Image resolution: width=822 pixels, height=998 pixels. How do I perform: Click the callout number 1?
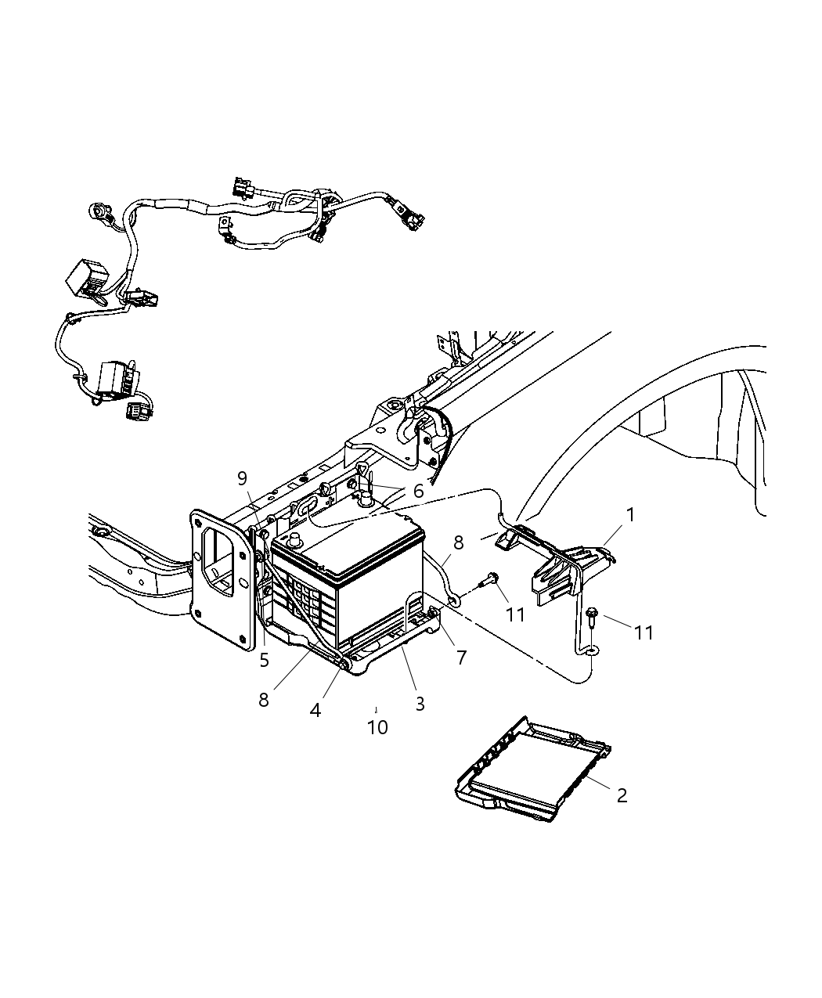[x=630, y=515]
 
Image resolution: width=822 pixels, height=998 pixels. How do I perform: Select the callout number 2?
[x=622, y=795]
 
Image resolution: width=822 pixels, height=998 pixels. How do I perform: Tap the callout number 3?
[x=420, y=703]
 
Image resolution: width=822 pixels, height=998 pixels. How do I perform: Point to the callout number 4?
[x=315, y=710]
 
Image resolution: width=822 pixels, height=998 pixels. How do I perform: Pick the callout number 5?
[x=264, y=660]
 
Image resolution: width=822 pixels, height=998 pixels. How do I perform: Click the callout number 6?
[x=418, y=491]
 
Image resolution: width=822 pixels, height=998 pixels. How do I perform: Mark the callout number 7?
[x=461, y=658]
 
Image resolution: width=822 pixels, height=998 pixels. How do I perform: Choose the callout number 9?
[x=242, y=477]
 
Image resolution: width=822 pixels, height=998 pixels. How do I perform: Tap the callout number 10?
[x=377, y=727]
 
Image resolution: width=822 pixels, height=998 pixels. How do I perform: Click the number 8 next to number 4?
[x=264, y=699]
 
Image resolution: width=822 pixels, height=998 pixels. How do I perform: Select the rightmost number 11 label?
[x=644, y=632]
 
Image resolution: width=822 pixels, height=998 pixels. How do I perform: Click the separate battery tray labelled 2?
[x=532, y=771]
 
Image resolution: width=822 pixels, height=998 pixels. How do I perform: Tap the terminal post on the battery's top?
[x=296, y=540]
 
